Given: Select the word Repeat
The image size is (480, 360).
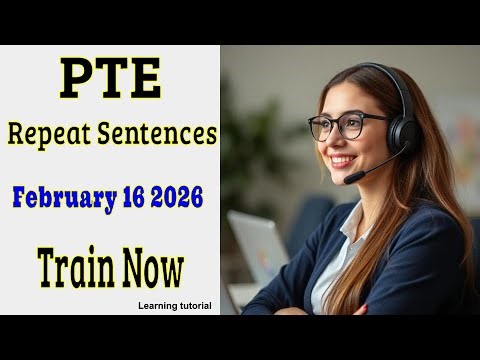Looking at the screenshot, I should point(57,134).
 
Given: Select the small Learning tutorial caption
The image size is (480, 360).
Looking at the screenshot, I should point(175,305).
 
